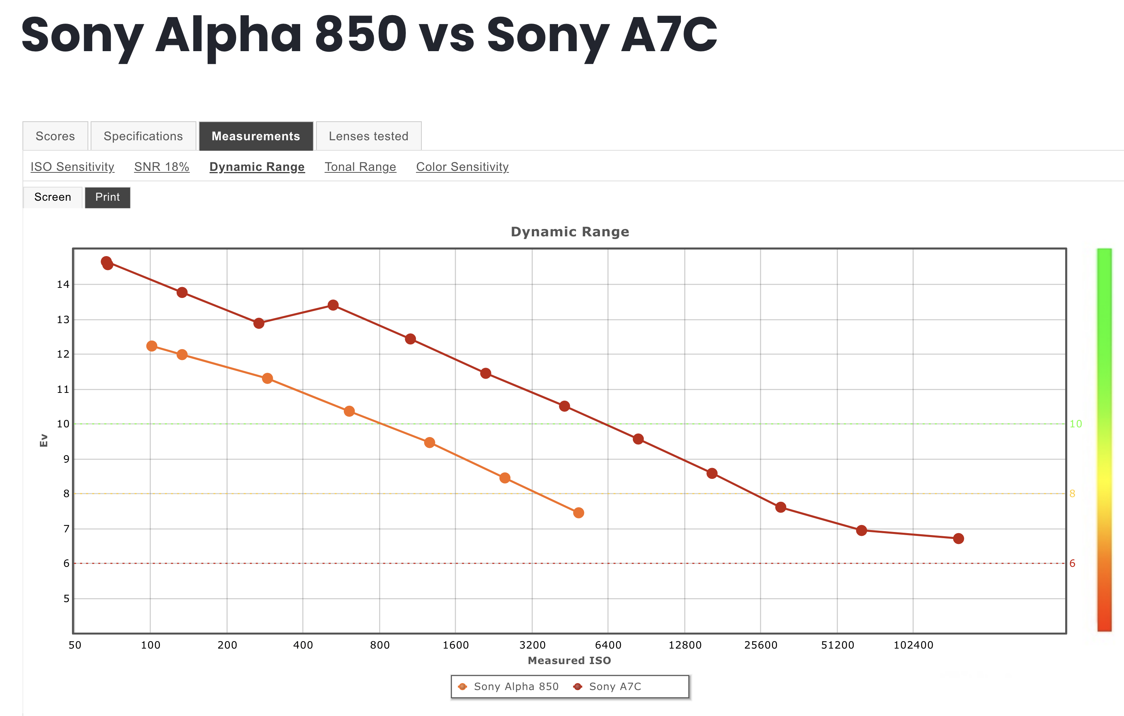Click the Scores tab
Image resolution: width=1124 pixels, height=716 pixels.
55,136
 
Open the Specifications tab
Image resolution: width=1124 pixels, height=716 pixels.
143,136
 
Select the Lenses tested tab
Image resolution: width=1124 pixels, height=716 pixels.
368,136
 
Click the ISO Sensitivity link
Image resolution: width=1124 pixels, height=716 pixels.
72,167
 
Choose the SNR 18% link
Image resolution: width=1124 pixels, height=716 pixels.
162,167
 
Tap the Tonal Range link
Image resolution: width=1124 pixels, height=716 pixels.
360,167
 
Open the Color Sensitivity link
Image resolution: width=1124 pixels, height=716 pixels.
462,167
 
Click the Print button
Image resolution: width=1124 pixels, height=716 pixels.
107,197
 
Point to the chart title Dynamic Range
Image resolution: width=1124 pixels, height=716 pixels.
569,232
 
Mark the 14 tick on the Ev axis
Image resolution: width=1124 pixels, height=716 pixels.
63,284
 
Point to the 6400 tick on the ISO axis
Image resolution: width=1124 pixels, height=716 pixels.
608,645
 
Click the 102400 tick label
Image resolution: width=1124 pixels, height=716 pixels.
913,645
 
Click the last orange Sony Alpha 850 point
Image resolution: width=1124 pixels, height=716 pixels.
578,513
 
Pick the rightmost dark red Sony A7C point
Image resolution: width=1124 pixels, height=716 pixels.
958,539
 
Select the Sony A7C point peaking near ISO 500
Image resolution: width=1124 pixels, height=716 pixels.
333,305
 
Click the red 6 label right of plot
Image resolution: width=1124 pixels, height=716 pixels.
1072,563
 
